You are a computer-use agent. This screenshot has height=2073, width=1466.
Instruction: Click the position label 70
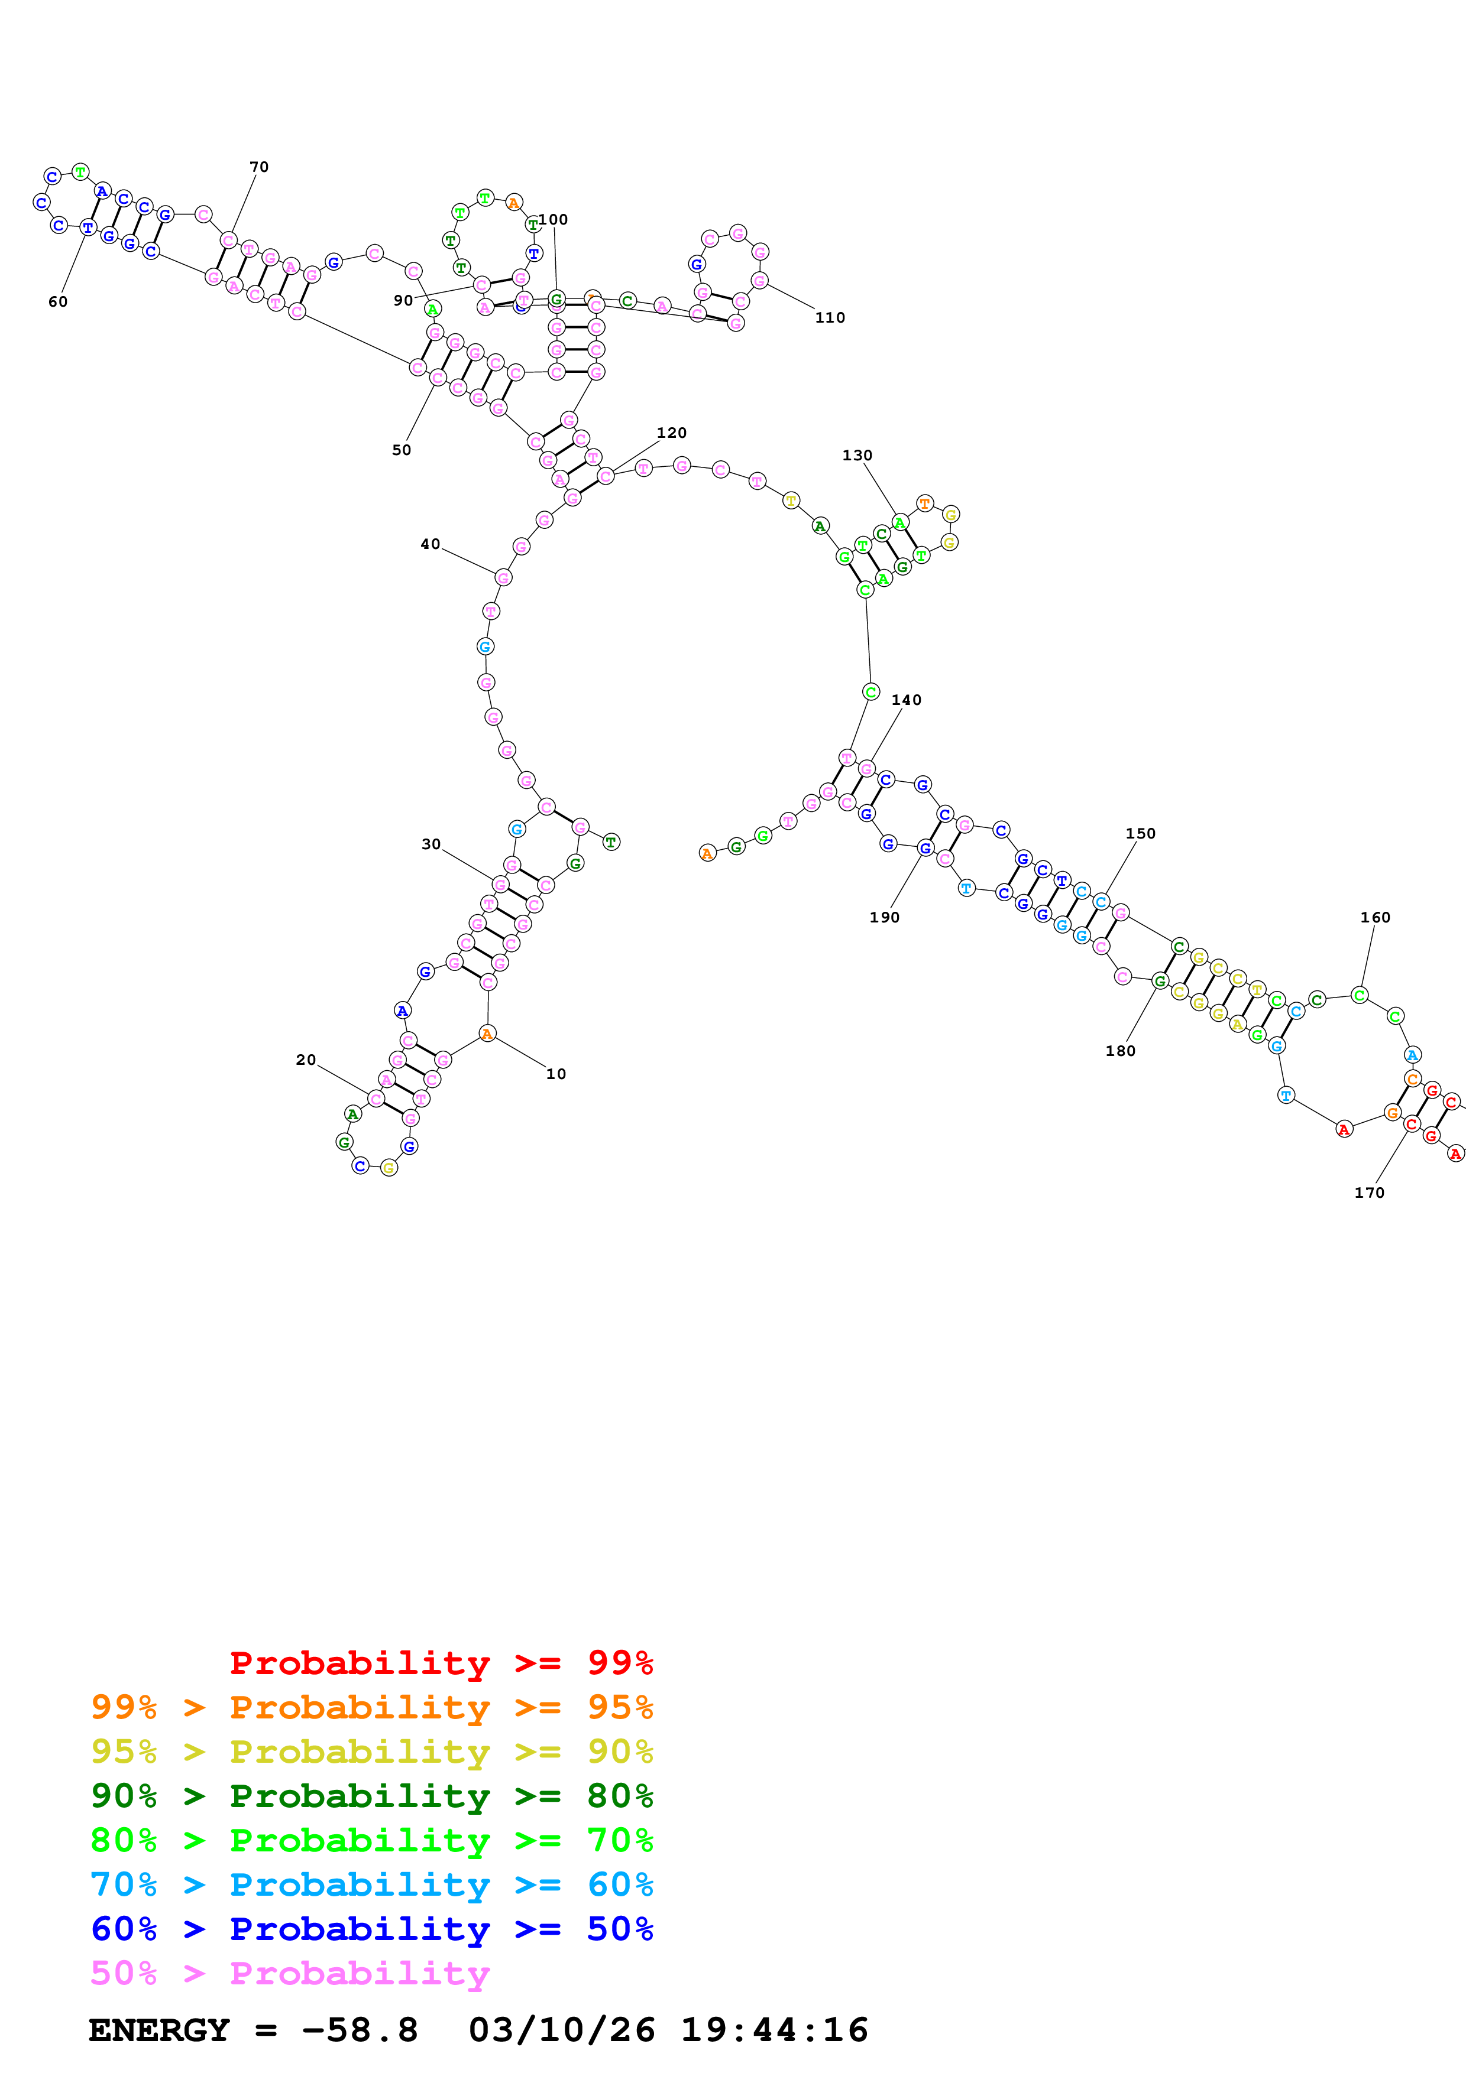(x=259, y=167)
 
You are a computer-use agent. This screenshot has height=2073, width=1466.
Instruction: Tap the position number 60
(x=58, y=301)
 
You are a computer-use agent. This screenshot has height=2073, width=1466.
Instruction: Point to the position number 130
(x=857, y=455)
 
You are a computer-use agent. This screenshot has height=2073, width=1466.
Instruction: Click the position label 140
(x=906, y=700)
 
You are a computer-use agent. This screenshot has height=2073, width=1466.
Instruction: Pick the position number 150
(x=1140, y=833)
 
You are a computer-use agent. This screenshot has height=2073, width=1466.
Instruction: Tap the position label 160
(x=1375, y=917)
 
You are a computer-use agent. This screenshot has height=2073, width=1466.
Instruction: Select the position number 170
(x=1368, y=1193)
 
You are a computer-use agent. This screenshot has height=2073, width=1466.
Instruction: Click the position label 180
(x=1120, y=1051)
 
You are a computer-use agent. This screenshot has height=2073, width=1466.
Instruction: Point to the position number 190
(x=884, y=917)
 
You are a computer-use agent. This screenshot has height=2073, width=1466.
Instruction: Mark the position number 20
(x=306, y=1060)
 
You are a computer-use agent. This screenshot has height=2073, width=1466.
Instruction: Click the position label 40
(x=430, y=544)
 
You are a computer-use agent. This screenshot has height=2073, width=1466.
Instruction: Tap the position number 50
(x=401, y=450)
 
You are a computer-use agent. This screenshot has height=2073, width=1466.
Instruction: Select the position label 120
(x=671, y=433)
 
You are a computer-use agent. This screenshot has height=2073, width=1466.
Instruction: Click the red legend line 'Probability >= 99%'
(x=441, y=1662)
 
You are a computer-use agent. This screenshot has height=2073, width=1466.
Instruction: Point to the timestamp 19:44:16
(x=774, y=2030)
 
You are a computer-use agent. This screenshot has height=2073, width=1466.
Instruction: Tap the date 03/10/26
(x=561, y=2030)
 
